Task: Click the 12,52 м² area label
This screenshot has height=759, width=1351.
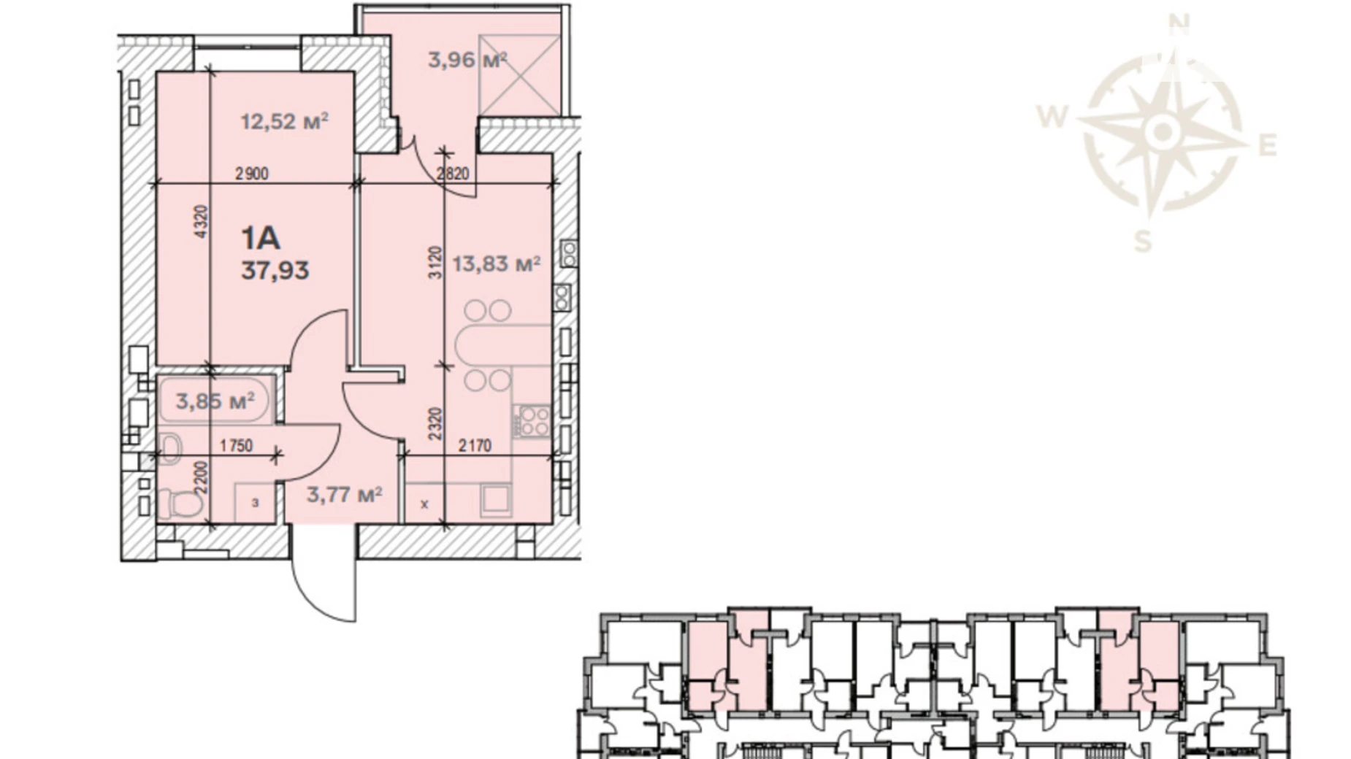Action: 284,121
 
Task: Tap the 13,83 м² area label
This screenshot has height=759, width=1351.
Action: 496,263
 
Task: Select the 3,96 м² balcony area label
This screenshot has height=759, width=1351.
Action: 467,60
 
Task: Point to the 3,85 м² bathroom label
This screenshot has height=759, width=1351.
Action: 215,401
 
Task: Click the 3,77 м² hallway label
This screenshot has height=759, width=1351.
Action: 345,495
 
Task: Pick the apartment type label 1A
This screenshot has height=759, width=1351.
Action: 261,238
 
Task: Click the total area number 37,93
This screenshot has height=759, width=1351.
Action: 275,271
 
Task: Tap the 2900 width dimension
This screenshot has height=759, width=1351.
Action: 252,174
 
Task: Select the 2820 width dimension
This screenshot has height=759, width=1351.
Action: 453,174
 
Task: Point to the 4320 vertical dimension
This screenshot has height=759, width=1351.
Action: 202,221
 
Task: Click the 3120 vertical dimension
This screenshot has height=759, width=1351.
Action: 435,263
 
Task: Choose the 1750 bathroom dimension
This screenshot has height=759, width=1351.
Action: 236,445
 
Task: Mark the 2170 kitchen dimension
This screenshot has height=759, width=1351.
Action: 475,445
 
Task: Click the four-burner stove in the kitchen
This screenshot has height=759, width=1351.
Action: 532,420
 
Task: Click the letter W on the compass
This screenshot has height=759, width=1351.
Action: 1052,116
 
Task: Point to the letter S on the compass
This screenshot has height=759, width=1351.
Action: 1143,239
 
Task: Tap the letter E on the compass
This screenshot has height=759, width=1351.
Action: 1268,146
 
